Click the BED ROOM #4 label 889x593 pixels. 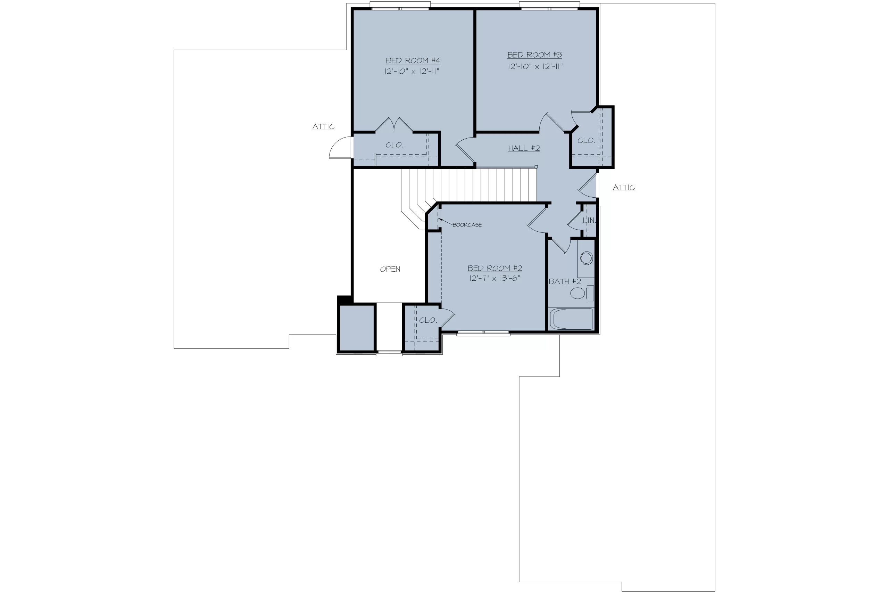(x=413, y=60)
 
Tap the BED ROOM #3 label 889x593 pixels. (x=534, y=55)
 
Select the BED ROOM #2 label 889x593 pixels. (x=495, y=268)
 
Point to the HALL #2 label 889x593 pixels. (x=524, y=148)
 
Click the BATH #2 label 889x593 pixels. (x=565, y=281)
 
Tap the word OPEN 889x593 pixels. (x=390, y=269)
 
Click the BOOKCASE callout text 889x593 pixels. (x=467, y=225)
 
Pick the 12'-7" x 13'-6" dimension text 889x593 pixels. (x=495, y=278)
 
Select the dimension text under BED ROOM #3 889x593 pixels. (x=535, y=67)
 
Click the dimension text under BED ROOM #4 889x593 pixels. (x=412, y=71)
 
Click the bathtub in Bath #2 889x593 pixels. (x=571, y=319)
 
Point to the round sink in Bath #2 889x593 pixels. (x=586, y=258)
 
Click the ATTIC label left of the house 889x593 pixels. (x=323, y=127)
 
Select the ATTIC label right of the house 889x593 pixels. (x=624, y=188)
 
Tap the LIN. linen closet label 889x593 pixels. (x=589, y=220)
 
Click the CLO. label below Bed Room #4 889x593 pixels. (x=394, y=145)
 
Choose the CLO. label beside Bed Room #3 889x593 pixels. (x=586, y=141)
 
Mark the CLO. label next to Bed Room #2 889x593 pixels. (x=428, y=320)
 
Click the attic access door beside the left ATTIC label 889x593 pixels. (x=341, y=148)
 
